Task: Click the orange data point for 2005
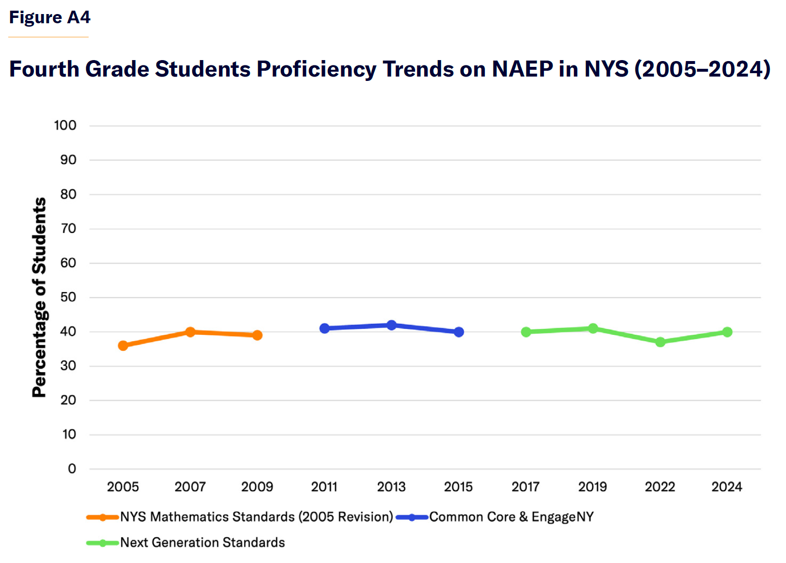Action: coord(123,345)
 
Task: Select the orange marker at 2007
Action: coord(190,332)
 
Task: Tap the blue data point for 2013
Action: coord(391,325)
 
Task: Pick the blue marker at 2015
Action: coord(459,332)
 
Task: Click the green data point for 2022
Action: coord(660,342)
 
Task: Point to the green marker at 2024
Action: coord(727,332)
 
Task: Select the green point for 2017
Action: coord(526,332)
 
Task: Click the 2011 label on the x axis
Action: coord(324,486)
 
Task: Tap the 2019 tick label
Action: coord(592,486)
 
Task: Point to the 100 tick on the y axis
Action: coord(65,125)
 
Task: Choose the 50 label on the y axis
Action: coord(68,297)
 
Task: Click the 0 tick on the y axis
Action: coord(72,469)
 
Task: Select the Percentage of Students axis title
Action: coord(39,297)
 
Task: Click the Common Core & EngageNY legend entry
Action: coord(511,517)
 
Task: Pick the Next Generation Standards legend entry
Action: coord(202,543)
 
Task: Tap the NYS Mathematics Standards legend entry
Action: coord(256,517)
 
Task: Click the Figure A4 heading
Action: coord(49,17)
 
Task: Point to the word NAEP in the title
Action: coord(522,69)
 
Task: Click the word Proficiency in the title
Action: coord(316,69)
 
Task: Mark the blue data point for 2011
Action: coord(324,328)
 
